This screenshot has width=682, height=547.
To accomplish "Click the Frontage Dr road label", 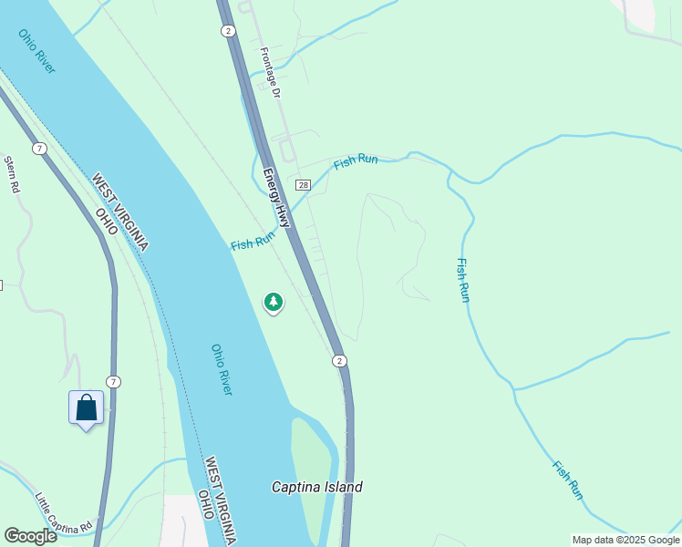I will click(x=270, y=72).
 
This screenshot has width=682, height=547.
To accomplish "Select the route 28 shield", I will click(x=304, y=185).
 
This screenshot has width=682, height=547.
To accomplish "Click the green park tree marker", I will click(x=274, y=302).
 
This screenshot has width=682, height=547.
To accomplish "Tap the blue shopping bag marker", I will click(x=86, y=408).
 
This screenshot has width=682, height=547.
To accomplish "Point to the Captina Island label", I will click(x=317, y=487).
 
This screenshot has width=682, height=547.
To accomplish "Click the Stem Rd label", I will click(x=12, y=174).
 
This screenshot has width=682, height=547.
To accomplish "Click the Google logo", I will click(x=30, y=535).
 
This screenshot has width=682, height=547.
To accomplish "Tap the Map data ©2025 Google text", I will click(x=625, y=540).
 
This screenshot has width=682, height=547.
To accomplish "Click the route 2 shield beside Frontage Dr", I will click(x=227, y=30).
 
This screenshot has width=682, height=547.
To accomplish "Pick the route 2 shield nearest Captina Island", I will click(x=339, y=360).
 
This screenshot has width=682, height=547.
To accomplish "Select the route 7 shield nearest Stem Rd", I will click(x=38, y=148).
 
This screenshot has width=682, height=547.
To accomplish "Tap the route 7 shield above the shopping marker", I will click(x=112, y=381).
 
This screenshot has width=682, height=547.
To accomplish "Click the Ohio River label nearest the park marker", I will click(x=222, y=369).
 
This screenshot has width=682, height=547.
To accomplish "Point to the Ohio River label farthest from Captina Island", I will click(x=36, y=51).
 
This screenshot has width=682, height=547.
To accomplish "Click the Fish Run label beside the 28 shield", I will click(x=356, y=162).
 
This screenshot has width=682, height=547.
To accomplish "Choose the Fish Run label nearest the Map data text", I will click(x=567, y=480).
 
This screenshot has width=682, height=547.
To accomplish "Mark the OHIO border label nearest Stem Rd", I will click(x=108, y=222).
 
